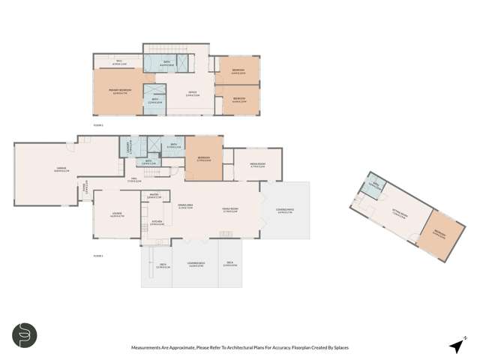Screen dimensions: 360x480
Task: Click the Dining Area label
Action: (186, 207)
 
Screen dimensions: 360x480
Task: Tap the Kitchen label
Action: (157, 222)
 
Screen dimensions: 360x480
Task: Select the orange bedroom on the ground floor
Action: (203, 158)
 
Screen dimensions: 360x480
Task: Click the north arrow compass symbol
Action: (455, 345)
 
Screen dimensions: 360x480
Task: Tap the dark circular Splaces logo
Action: (25, 335)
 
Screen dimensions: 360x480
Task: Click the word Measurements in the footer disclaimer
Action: (150, 347)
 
